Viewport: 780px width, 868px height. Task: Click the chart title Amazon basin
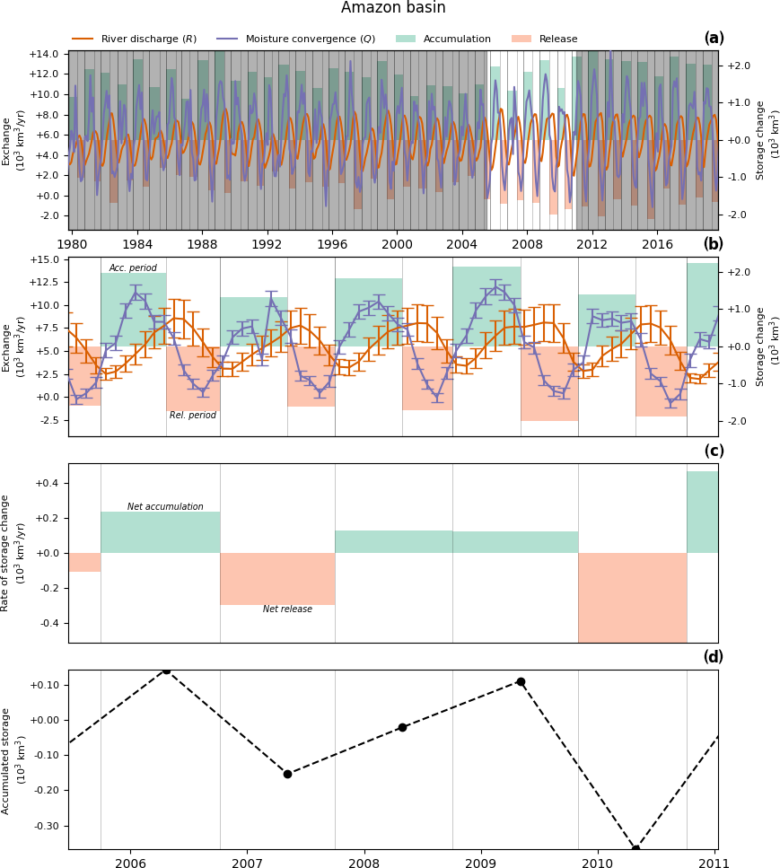(x=393, y=8)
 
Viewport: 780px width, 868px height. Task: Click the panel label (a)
(x=714, y=39)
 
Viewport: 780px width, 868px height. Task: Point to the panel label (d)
(x=714, y=657)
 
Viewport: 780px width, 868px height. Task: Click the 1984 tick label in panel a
(x=137, y=244)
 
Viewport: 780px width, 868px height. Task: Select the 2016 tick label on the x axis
(x=658, y=244)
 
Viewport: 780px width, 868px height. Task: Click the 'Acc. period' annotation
(x=133, y=268)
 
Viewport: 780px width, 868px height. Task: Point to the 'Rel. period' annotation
(x=193, y=416)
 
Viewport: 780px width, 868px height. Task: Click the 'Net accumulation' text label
(x=165, y=507)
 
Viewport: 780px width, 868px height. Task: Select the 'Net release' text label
(x=287, y=609)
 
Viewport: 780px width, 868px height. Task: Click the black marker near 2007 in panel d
(x=287, y=774)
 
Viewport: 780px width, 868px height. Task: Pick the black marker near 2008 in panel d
(x=402, y=727)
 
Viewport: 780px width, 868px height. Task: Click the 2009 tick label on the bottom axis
(x=480, y=864)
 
